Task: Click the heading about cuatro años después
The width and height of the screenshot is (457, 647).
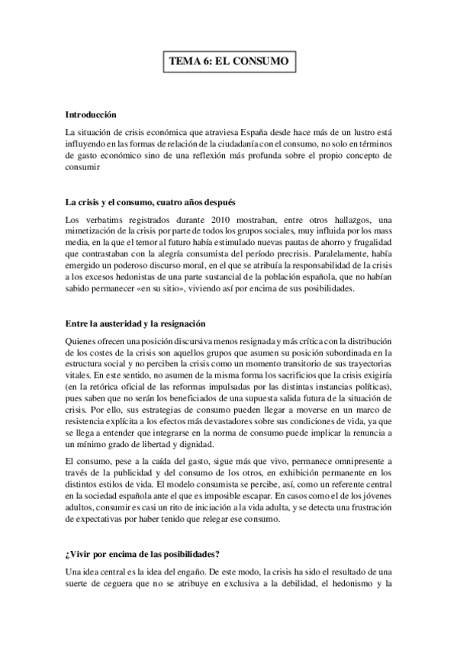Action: point(150,203)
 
